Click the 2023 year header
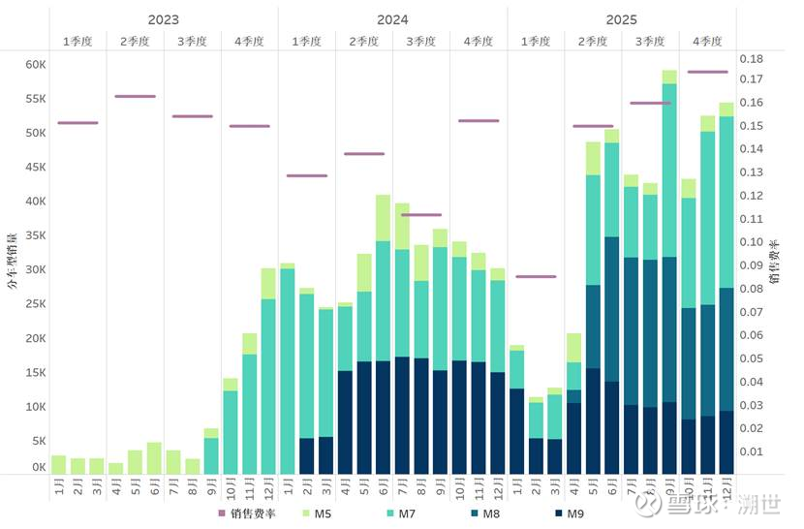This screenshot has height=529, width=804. pyautogui.click(x=164, y=19)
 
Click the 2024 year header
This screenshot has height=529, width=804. pyautogui.click(x=392, y=19)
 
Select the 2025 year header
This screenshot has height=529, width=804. pyautogui.click(x=622, y=19)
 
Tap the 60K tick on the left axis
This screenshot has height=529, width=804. pyautogui.click(x=35, y=65)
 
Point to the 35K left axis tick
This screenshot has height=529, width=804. pyautogui.click(x=35, y=235)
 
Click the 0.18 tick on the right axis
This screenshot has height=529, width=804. pyautogui.click(x=753, y=59)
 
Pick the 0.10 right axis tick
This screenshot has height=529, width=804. pyautogui.click(x=753, y=242)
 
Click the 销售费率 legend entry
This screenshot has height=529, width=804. pyautogui.click(x=248, y=513)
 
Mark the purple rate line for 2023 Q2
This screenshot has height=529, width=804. pyautogui.click(x=136, y=96)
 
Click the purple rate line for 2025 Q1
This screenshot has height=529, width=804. pyautogui.click(x=536, y=276)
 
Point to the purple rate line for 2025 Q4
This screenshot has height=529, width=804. pyautogui.click(x=707, y=72)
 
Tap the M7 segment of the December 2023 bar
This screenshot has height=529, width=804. pyautogui.click(x=268, y=386)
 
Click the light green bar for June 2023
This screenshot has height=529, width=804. pyautogui.click(x=154, y=458)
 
